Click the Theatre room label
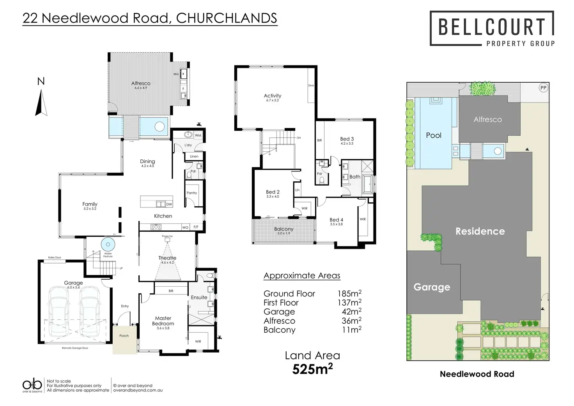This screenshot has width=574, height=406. coord(167,258)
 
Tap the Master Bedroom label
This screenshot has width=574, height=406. coord(163,321)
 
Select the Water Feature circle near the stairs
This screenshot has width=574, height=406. coord(108,245)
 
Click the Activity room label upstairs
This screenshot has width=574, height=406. coord(272,96)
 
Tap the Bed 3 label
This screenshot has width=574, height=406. coord(347,139)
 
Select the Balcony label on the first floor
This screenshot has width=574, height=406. coord(283,229)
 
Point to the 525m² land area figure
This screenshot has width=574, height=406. coord(312,369)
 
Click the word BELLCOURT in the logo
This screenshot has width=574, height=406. coord(491,27)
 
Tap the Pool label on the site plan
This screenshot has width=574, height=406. coord(434,135)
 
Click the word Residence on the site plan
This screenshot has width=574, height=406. coord(480,231)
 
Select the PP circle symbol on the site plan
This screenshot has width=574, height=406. coord(543,88)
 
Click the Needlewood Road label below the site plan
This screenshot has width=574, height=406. coord(477,374)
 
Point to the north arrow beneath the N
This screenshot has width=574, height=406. coord(41,103)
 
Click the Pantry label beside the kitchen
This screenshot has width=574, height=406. coord(192,193)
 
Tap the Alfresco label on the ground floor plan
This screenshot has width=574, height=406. coord(141,83)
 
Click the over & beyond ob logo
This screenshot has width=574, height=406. coord(32,385)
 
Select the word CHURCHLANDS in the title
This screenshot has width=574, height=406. coord(227,18)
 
